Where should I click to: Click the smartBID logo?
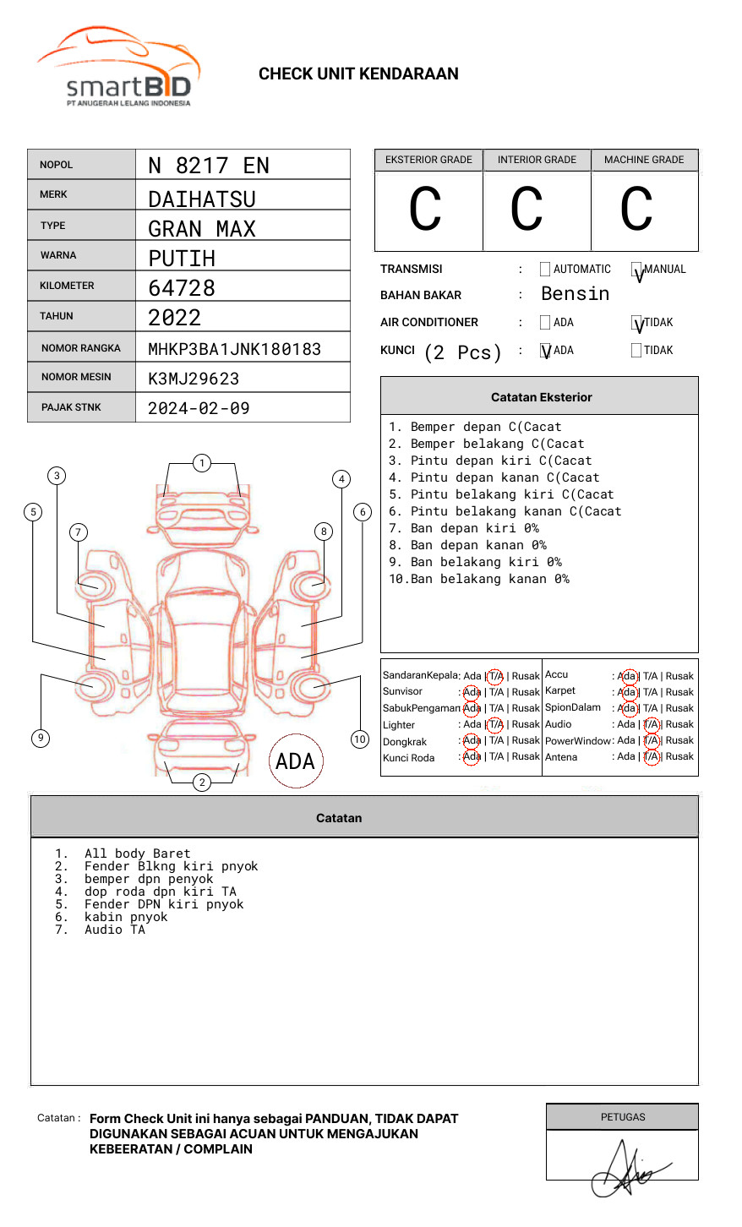click(118, 68)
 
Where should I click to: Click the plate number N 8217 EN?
click(209, 166)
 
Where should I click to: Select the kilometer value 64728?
click(182, 288)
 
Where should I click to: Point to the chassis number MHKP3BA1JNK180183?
click(234, 349)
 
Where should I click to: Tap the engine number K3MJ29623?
click(194, 379)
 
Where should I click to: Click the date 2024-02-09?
click(199, 408)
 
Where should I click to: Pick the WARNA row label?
click(58, 255)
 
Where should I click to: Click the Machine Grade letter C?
click(636, 210)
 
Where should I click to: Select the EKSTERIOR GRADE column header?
click(428, 160)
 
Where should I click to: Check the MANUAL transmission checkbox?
click(636, 270)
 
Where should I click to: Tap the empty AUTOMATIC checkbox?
click(545, 270)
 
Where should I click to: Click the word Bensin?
click(575, 294)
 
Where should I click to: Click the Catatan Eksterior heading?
click(541, 397)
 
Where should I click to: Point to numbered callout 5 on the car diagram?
click(34, 511)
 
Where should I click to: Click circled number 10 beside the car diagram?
click(360, 739)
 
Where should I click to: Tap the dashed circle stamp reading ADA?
click(295, 761)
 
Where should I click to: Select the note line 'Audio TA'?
click(115, 930)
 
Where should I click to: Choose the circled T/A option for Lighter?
click(495, 724)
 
